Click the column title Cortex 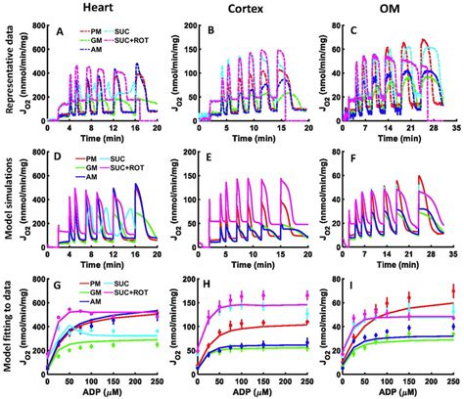click(257, 9)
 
